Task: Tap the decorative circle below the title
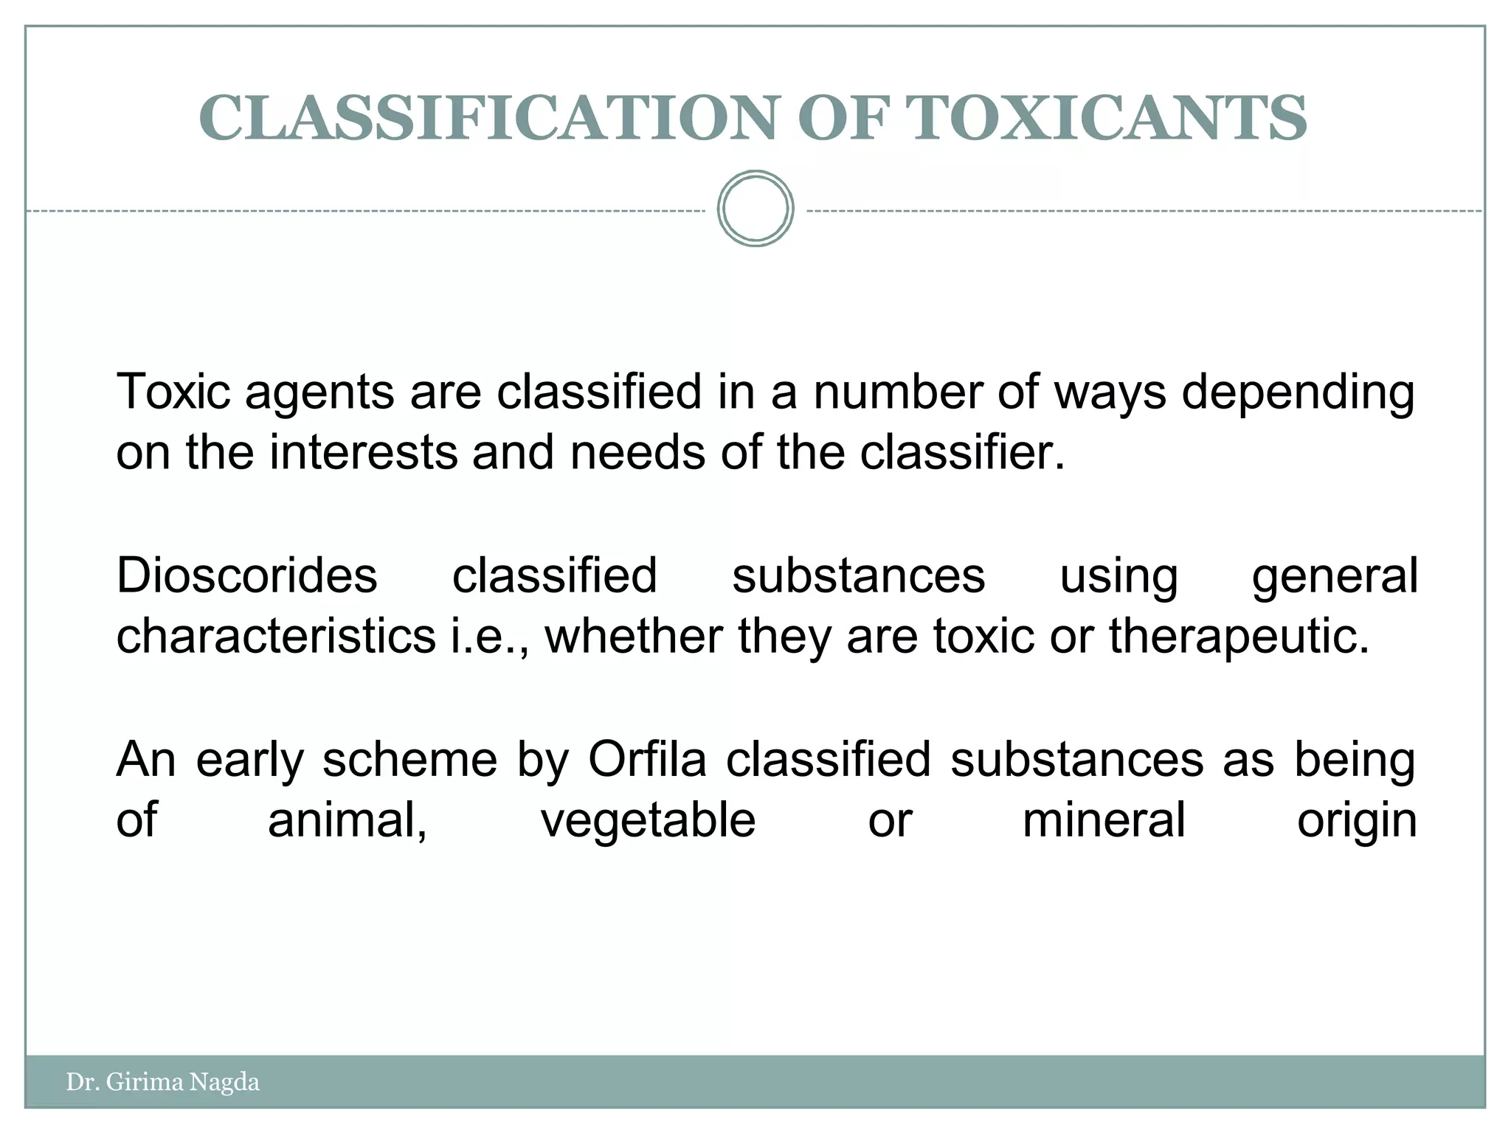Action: (x=755, y=209)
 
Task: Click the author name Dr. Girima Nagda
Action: (x=162, y=1082)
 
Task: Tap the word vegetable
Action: (x=649, y=820)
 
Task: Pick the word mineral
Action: (x=1104, y=820)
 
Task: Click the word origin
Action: (x=1357, y=822)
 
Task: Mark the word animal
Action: (x=347, y=820)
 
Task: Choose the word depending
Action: (x=1298, y=393)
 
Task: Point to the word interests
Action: (x=363, y=452)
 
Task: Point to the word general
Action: (x=1335, y=577)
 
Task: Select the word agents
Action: (x=319, y=393)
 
